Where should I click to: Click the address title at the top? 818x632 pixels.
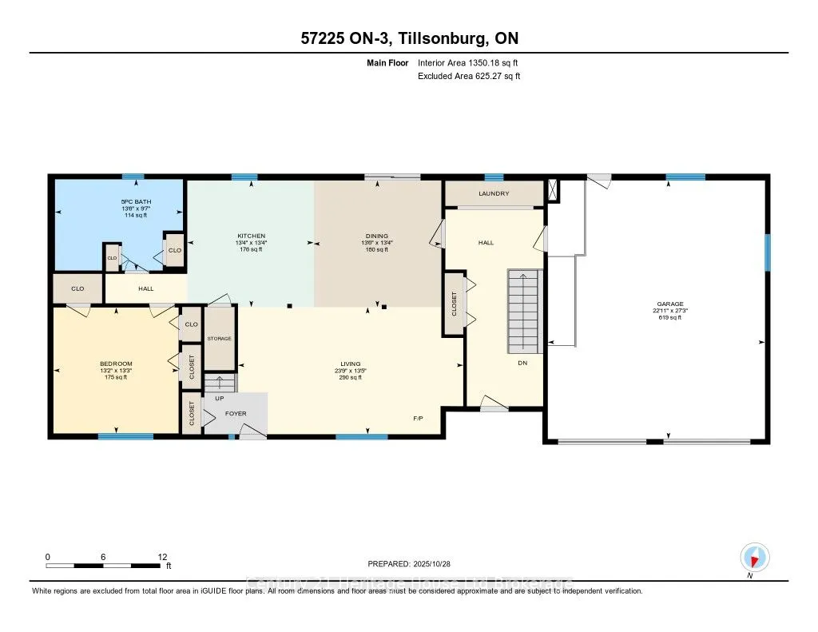pyautogui.click(x=409, y=38)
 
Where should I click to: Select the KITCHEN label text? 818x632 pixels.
pyautogui.click(x=251, y=236)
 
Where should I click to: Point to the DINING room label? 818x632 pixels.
pyautogui.click(x=377, y=236)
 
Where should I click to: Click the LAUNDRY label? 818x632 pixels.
pyautogui.click(x=494, y=193)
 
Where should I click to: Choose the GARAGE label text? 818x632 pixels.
pyautogui.click(x=670, y=304)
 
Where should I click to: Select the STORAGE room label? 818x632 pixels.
pyautogui.click(x=219, y=339)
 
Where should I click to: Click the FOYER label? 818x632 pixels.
pyautogui.click(x=236, y=414)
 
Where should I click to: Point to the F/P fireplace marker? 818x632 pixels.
pyautogui.click(x=418, y=418)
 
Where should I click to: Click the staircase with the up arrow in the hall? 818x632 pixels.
pyautogui.click(x=524, y=312)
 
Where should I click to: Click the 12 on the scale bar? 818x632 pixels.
pyautogui.click(x=162, y=556)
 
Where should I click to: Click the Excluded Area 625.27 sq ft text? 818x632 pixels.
pyautogui.click(x=470, y=76)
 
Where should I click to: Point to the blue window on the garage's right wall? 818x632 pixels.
pyautogui.click(x=767, y=252)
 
